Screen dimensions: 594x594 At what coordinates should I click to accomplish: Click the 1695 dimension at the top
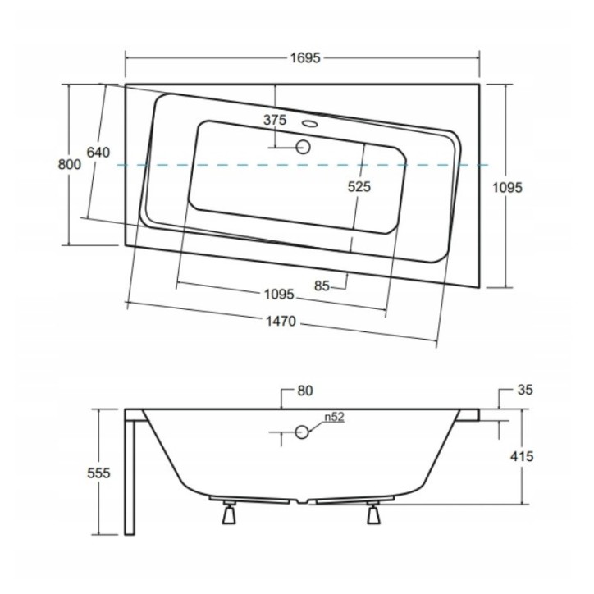coord(305,58)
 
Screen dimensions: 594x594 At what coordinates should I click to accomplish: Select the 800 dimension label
coord(69,164)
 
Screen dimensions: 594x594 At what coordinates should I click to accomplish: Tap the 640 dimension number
coord(98,153)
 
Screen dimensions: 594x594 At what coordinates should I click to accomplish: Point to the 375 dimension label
coord(275,120)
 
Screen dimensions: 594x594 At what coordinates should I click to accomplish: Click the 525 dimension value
coord(359,186)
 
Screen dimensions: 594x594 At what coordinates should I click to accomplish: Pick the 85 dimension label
coord(322,286)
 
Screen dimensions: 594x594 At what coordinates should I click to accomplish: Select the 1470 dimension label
coord(281,322)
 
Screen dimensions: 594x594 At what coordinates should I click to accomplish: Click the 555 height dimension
coord(98,473)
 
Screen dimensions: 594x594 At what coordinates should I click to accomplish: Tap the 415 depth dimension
coord(522,456)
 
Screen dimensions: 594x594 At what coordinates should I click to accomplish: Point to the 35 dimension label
coord(525,390)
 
